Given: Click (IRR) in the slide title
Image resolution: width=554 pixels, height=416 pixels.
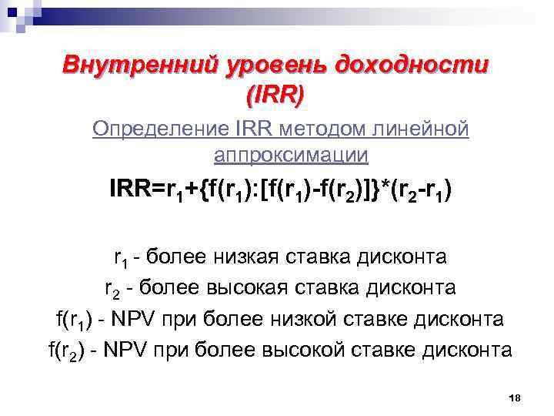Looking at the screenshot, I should coord(275,95).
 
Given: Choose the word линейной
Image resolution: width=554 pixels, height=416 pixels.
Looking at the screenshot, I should coord(426,128).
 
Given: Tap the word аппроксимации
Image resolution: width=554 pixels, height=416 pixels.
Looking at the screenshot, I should coord(291,156).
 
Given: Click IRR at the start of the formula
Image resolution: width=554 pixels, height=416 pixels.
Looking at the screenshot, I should coord(132,190).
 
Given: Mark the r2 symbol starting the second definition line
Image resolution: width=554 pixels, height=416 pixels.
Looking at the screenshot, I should coord(112,289).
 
